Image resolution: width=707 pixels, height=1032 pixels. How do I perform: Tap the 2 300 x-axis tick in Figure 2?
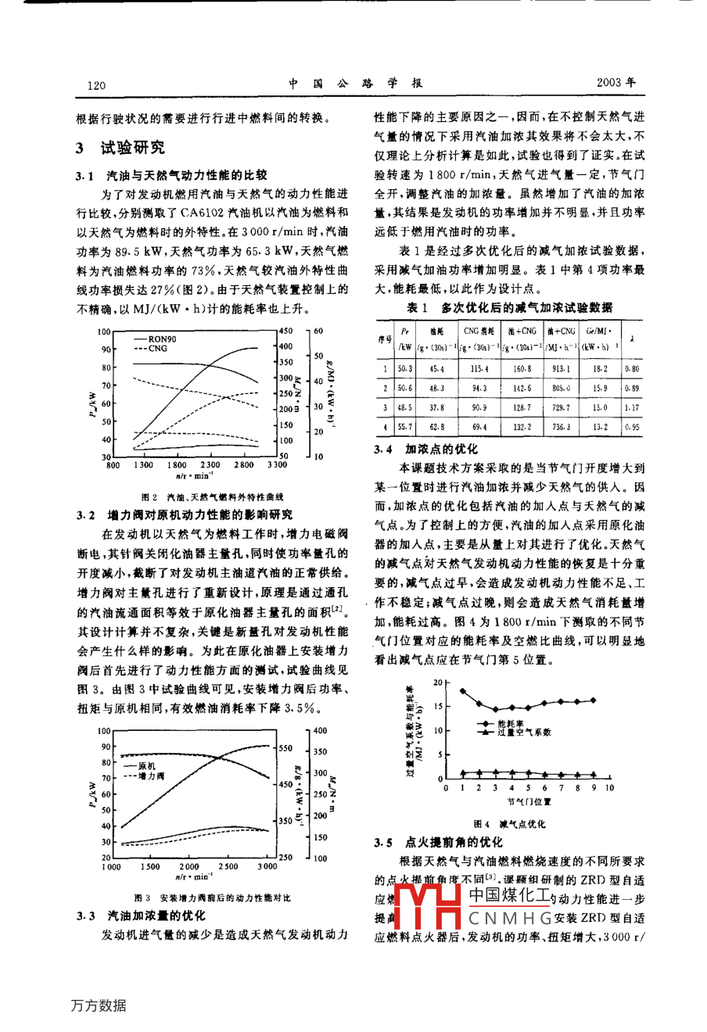(x=210, y=464)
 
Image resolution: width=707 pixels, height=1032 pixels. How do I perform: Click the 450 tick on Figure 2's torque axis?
(x=285, y=331)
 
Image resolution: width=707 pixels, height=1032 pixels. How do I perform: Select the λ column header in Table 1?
(x=633, y=338)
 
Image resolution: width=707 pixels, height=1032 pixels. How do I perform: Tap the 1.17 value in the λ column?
(x=632, y=407)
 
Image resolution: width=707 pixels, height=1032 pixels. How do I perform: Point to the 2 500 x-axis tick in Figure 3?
(x=228, y=866)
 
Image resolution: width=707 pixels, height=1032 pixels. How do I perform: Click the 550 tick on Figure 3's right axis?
(x=286, y=747)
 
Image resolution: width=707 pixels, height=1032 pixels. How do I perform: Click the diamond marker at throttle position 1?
(x=462, y=690)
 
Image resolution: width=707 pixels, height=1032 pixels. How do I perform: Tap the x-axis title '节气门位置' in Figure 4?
(x=529, y=801)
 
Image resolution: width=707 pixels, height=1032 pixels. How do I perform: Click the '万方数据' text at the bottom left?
(x=98, y=1005)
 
